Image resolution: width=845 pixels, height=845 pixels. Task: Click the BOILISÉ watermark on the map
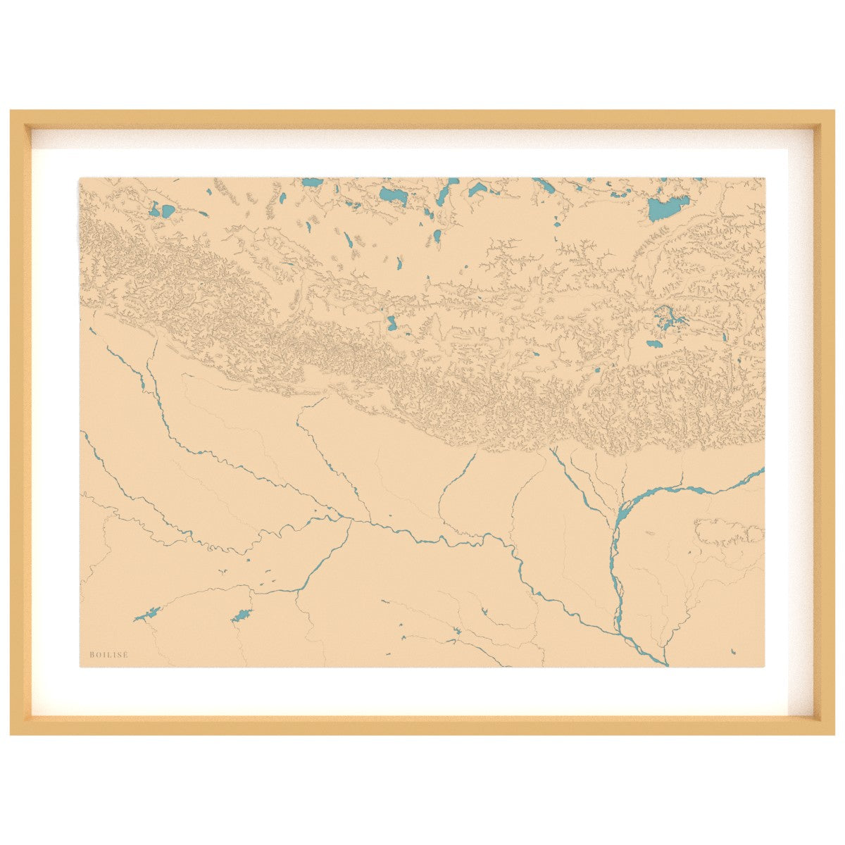coord(109,655)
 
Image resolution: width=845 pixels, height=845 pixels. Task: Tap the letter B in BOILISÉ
coord(92,655)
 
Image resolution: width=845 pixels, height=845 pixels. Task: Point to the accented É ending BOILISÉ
coord(126,655)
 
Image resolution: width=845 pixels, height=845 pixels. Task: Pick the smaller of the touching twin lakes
coord(154,209)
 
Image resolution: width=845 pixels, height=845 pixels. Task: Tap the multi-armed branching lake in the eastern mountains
coord(668,318)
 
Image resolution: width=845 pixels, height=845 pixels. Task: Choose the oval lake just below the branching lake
coord(654,344)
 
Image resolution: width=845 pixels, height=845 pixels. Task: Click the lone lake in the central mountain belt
coord(392,324)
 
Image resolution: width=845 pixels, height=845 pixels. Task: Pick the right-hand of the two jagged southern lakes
coord(241,615)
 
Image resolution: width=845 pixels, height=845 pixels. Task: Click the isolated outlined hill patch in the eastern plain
coord(729,532)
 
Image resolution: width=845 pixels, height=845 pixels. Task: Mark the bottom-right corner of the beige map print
coord(764,665)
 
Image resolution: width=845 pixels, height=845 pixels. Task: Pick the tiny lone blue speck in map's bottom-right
coord(733,651)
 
